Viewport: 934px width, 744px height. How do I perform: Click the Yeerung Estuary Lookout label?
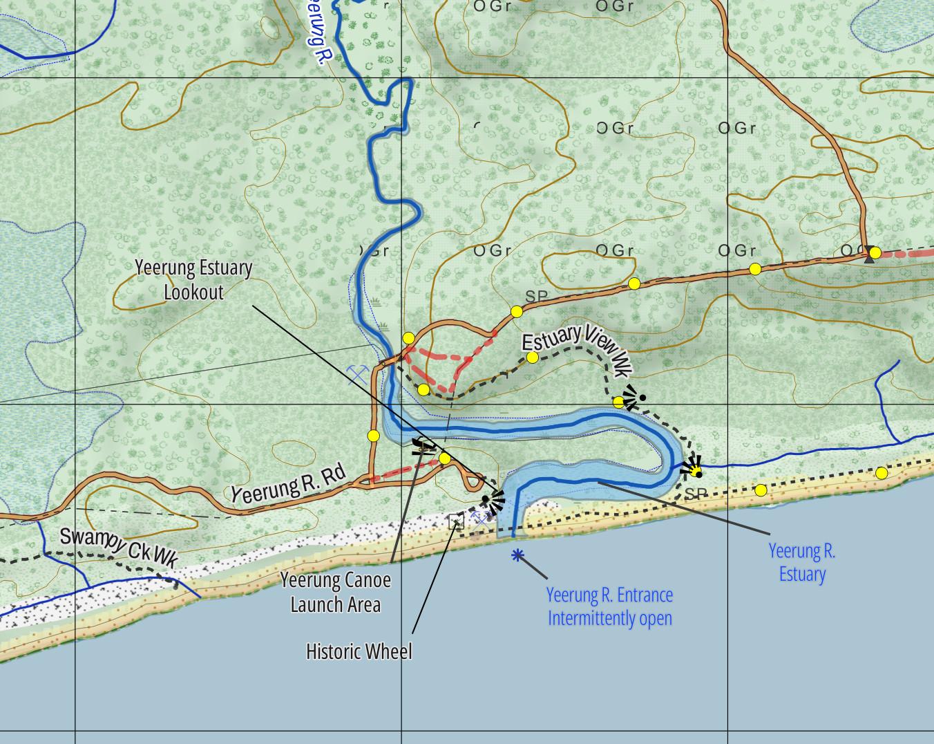tap(193, 279)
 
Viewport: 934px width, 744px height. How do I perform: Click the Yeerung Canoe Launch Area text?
tap(336, 592)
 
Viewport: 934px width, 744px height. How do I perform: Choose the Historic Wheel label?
tap(359, 651)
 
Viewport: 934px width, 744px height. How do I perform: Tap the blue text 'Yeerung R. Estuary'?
tap(802, 562)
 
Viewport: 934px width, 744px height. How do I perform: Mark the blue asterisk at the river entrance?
tap(517, 555)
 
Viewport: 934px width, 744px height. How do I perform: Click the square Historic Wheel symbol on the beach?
tap(456, 521)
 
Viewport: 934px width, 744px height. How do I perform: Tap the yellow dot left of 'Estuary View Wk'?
tap(532, 357)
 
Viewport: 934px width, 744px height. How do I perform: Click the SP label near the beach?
tap(696, 494)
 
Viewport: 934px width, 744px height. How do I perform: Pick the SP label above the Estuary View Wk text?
tap(537, 296)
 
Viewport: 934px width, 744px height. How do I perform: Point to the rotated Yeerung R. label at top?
tap(315, 35)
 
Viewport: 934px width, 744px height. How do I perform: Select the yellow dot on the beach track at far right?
tap(881, 473)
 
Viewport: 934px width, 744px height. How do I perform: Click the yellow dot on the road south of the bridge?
tap(374, 436)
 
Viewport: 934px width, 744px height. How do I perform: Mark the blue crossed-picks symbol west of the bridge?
tap(357, 374)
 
